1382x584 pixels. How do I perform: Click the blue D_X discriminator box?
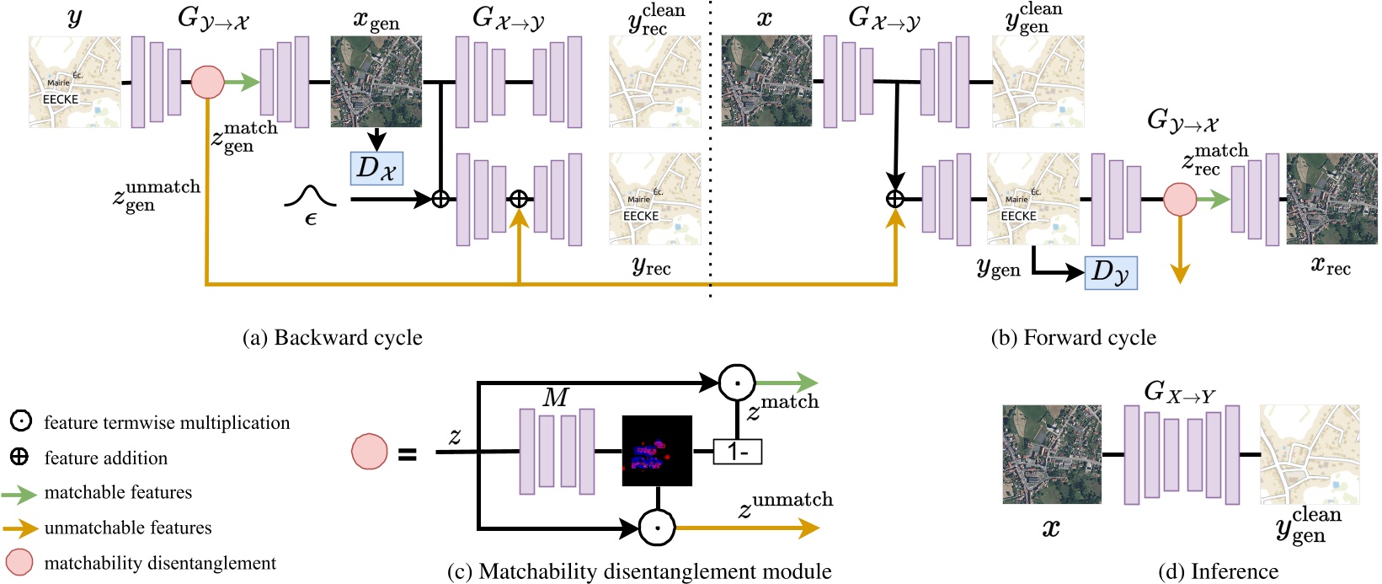[376, 169]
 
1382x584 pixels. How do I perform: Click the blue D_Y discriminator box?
[1111, 272]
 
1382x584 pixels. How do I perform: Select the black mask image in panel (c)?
[657, 451]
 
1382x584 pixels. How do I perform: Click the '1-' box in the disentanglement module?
[737, 452]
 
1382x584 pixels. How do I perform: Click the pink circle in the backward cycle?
[207, 82]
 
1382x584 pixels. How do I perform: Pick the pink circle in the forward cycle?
[1180, 200]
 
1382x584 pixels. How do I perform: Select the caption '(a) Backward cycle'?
[332, 338]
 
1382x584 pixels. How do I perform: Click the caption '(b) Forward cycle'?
[1073, 338]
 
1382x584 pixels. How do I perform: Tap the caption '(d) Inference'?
[1218, 571]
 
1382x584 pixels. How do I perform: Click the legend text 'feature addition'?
[105, 458]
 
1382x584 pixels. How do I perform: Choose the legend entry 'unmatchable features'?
[128, 528]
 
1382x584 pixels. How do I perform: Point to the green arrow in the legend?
[19, 493]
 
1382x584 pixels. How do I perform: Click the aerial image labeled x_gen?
[376, 82]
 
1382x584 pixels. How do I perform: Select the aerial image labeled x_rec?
[1331, 199]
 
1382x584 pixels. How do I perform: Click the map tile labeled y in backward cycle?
[75, 82]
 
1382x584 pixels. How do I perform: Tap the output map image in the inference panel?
[1310, 454]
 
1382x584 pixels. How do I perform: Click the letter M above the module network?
[556, 397]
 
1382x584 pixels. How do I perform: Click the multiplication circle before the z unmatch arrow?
[657, 528]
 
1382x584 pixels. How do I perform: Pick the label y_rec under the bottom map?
[651, 267]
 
